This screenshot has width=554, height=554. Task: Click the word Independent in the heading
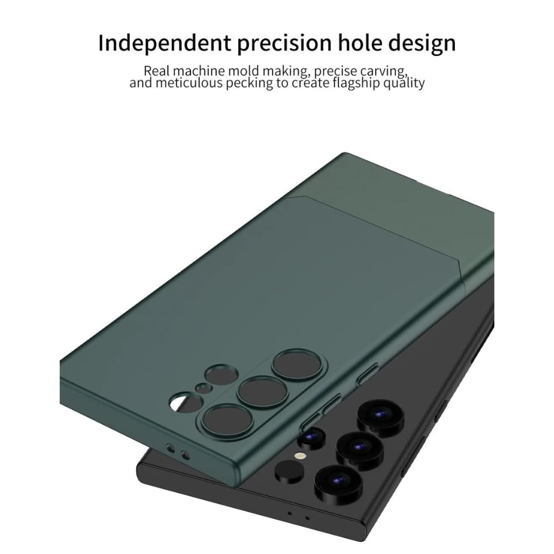pos(165,43)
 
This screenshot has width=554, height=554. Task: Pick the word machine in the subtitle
pos(199,71)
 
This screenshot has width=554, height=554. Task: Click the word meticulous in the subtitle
pos(189,84)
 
